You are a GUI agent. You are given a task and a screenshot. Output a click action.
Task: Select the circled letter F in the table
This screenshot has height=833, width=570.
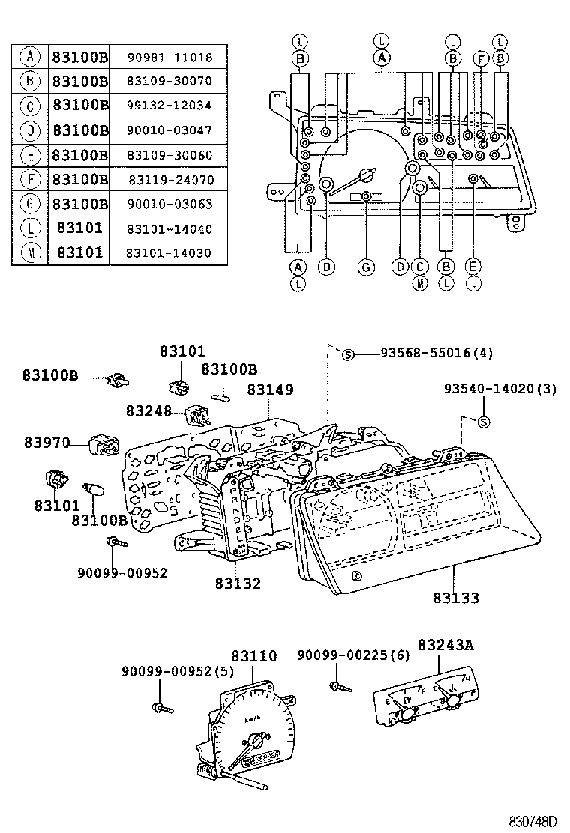pos(29,180)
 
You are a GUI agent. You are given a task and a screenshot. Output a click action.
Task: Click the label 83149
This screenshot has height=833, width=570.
pos(270,390)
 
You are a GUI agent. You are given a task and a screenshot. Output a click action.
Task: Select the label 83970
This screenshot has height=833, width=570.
pos(46,444)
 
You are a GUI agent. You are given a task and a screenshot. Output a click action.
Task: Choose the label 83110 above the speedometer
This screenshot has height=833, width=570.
pos(253,657)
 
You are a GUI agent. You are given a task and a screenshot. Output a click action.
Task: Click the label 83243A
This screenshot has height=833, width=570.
pos(447,645)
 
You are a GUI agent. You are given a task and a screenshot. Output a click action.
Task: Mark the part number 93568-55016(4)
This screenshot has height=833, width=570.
pos(425,353)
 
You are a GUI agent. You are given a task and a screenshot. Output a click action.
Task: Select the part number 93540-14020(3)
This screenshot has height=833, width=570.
pos(499,389)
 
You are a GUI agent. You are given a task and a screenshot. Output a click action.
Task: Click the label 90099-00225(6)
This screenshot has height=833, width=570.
pos(354,655)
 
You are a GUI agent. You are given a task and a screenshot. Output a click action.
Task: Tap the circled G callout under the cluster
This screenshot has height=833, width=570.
pos(365,267)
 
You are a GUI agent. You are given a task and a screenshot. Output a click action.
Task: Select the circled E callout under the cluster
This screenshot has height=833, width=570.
pos(472,267)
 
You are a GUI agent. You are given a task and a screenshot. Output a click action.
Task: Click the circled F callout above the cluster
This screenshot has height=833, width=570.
pos(482,58)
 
